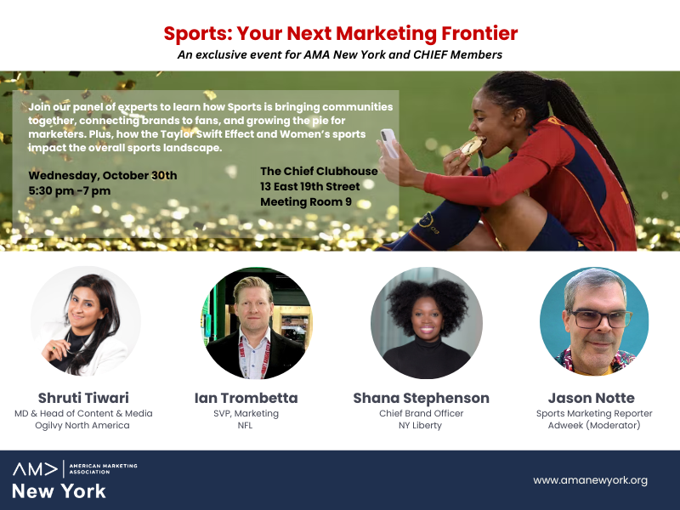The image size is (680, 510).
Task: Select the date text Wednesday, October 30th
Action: pyautogui.click(x=103, y=176)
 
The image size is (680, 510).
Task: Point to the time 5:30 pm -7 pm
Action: pyautogui.click(x=70, y=190)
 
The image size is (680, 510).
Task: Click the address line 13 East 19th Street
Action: pyautogui.click(x=310, y=186)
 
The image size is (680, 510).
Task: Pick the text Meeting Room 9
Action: pyautogui.click(x=306, y=202)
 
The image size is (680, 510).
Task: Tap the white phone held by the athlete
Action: pyautogui.click(x=389, y=143)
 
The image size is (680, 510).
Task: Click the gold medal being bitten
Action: pyautogui.click(x=472, y=145)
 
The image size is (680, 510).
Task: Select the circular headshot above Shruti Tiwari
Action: pyautogui.click(x=86, y=321)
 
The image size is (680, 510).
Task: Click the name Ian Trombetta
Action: pyautogui.click(x=246, y=398)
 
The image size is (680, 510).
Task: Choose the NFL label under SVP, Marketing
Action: pyautogui.click(x=245, y=426)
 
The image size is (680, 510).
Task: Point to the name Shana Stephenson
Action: pyautogui.click(x=421, y=398)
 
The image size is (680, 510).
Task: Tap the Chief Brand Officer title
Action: pyautogui.click(x=421, y=413)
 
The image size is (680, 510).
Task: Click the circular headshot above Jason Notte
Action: pyautogui.click(x=594, y=321)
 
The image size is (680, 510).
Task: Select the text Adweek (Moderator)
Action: pyautogui.click(x=594, y=426)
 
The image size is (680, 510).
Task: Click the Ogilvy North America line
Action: pyautogui.click(x=82, y=426)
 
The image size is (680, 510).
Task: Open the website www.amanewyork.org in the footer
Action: pyautogui.click(x=590, y=480)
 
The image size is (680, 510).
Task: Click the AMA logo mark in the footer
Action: pyautogui.click(x=35, y=469)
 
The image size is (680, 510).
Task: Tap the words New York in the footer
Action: pyautogui.click(x=59, y=491)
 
